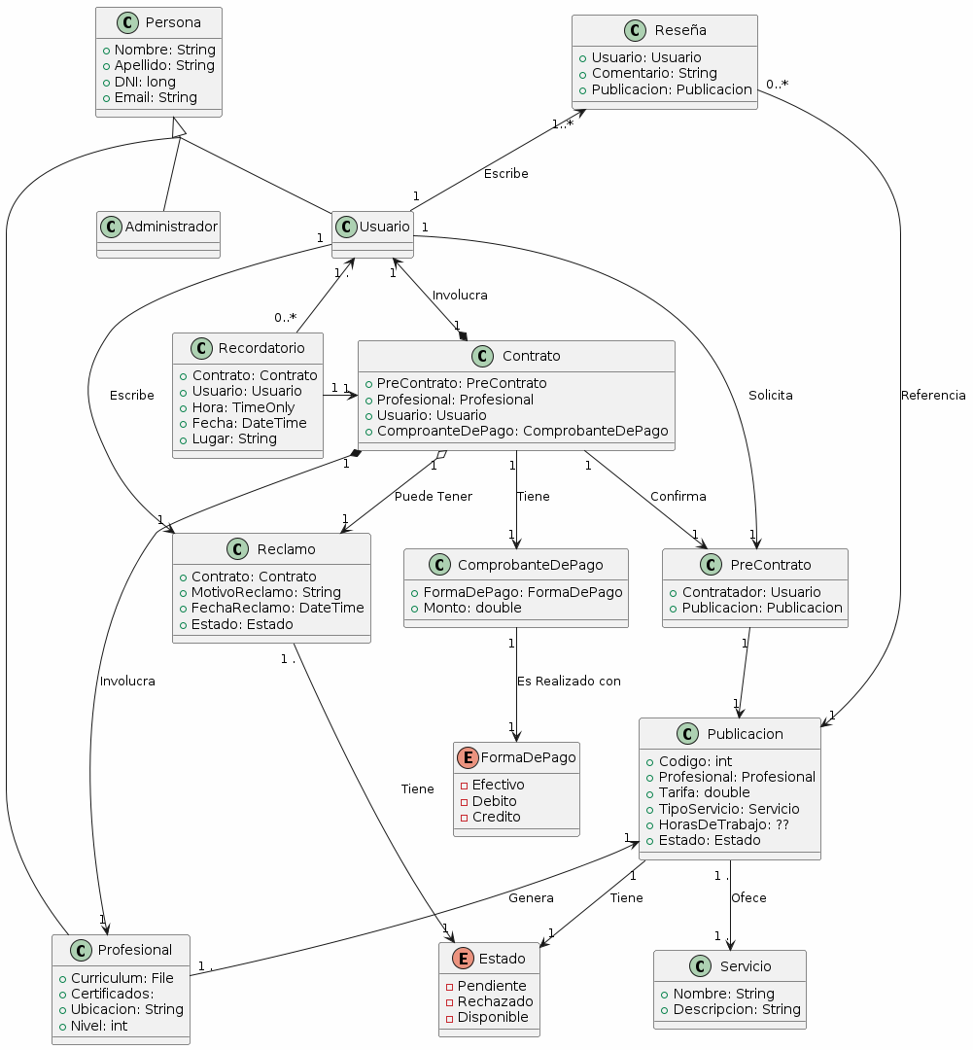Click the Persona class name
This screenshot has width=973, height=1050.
[172, 22]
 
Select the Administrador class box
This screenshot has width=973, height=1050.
[158, 233]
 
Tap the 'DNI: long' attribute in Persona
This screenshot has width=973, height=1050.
[145, 82]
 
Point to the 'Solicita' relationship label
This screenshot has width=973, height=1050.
[771, 396]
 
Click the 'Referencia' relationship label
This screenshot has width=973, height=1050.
[933, 396]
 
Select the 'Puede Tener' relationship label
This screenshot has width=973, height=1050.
[433, 497]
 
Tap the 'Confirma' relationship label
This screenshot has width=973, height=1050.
[678, 497]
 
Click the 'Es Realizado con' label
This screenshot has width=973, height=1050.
[569, 682]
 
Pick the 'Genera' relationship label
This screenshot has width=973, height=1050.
[531, 898]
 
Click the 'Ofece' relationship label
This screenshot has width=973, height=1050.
[748, 898]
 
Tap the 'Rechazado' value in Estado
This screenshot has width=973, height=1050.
[495, 1001]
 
